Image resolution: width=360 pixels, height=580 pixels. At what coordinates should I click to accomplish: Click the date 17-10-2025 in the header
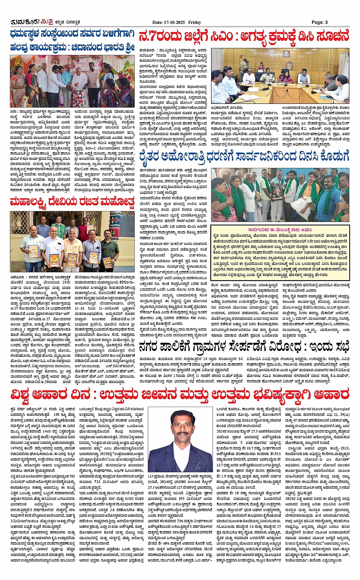tap(174, 22)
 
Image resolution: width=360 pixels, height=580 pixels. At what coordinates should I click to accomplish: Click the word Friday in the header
tap(194, 22)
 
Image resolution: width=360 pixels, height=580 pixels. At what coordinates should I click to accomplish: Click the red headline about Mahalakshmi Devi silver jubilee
tap(72, 201)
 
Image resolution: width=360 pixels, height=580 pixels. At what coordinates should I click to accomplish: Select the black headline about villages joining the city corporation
tap(244, 347)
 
